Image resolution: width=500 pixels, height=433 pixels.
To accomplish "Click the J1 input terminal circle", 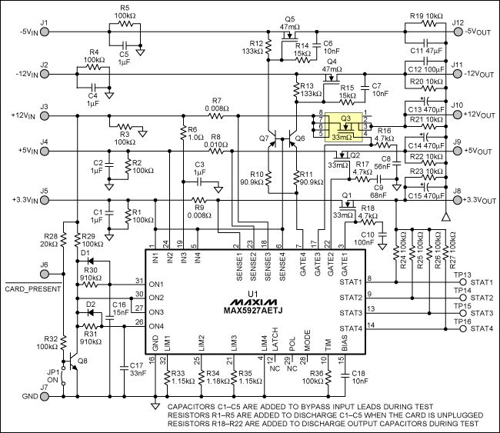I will pos(44,32).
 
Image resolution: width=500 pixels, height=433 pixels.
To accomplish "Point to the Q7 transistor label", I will pos(265,138).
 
